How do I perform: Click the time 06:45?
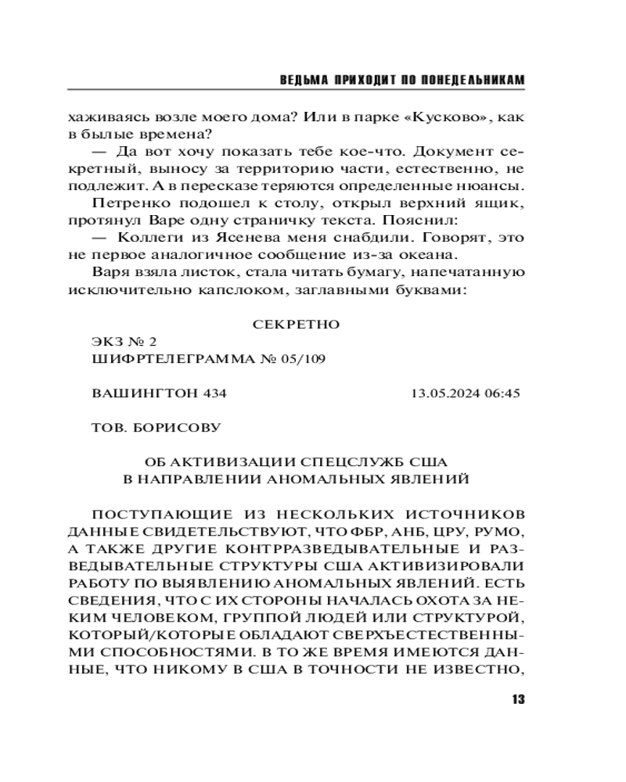coord(502,393)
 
